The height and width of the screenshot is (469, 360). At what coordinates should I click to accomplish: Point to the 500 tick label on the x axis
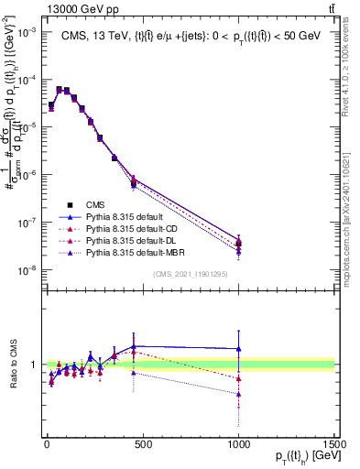(x=142, y=442)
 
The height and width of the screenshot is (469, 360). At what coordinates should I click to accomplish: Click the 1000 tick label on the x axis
(x=238, y=442)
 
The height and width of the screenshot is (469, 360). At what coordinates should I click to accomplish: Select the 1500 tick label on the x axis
(x=333, y=442)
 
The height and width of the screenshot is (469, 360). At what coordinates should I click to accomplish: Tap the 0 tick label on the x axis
(x=47, y=442)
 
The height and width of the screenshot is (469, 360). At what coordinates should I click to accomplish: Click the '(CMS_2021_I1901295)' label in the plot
(x=190, y=275)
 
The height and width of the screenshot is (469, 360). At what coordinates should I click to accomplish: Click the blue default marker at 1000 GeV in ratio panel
(x=238, y=348)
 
